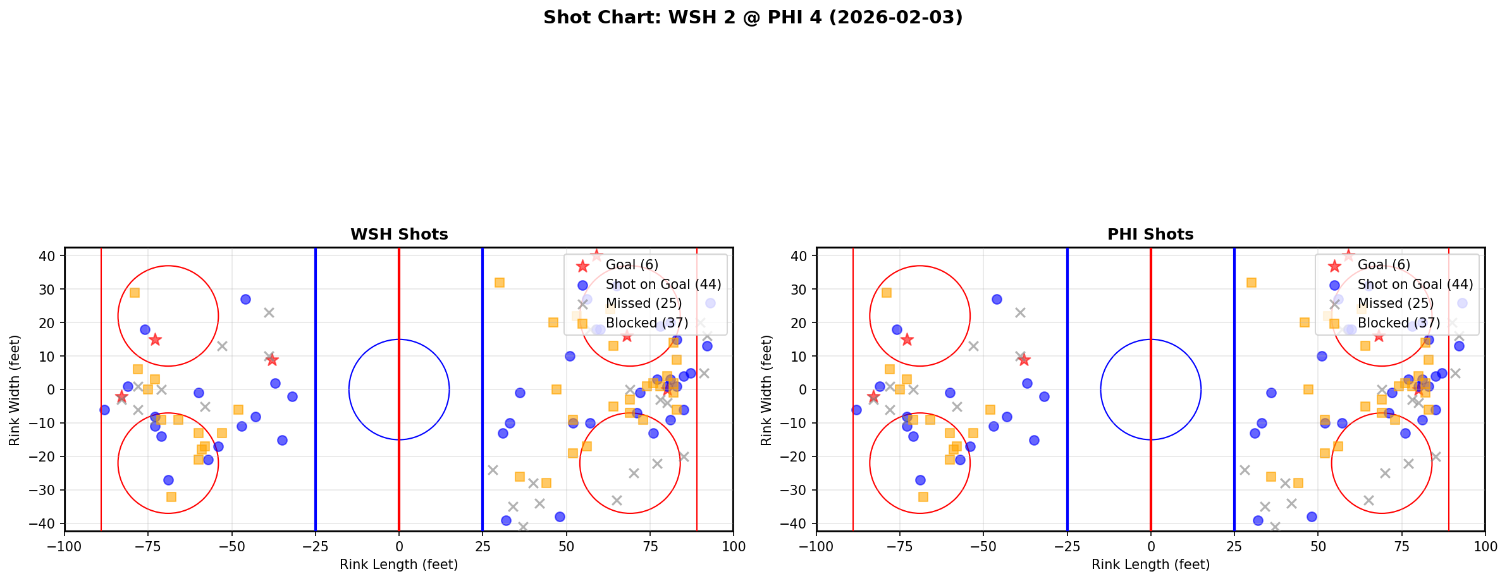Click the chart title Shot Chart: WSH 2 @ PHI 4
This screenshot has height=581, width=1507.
(x=753, y=17)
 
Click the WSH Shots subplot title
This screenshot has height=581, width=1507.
(x=399, y=235)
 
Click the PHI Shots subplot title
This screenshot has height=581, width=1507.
(x=1150, y=235)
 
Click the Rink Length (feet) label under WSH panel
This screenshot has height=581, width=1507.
(x=398, y=565)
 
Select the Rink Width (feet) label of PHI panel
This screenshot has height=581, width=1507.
(x=766, y=390)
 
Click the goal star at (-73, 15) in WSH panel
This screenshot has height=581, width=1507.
(x=155, y=339)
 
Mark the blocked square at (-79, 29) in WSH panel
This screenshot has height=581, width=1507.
(x=135, y=293)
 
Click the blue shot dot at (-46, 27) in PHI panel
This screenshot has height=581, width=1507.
(x=997, y=299)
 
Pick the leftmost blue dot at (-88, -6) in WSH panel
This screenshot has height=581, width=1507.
(x=105, y=410)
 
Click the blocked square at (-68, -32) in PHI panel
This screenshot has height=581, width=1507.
(x=923, y=497)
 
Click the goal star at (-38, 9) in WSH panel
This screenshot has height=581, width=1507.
(x=272, y=360)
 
